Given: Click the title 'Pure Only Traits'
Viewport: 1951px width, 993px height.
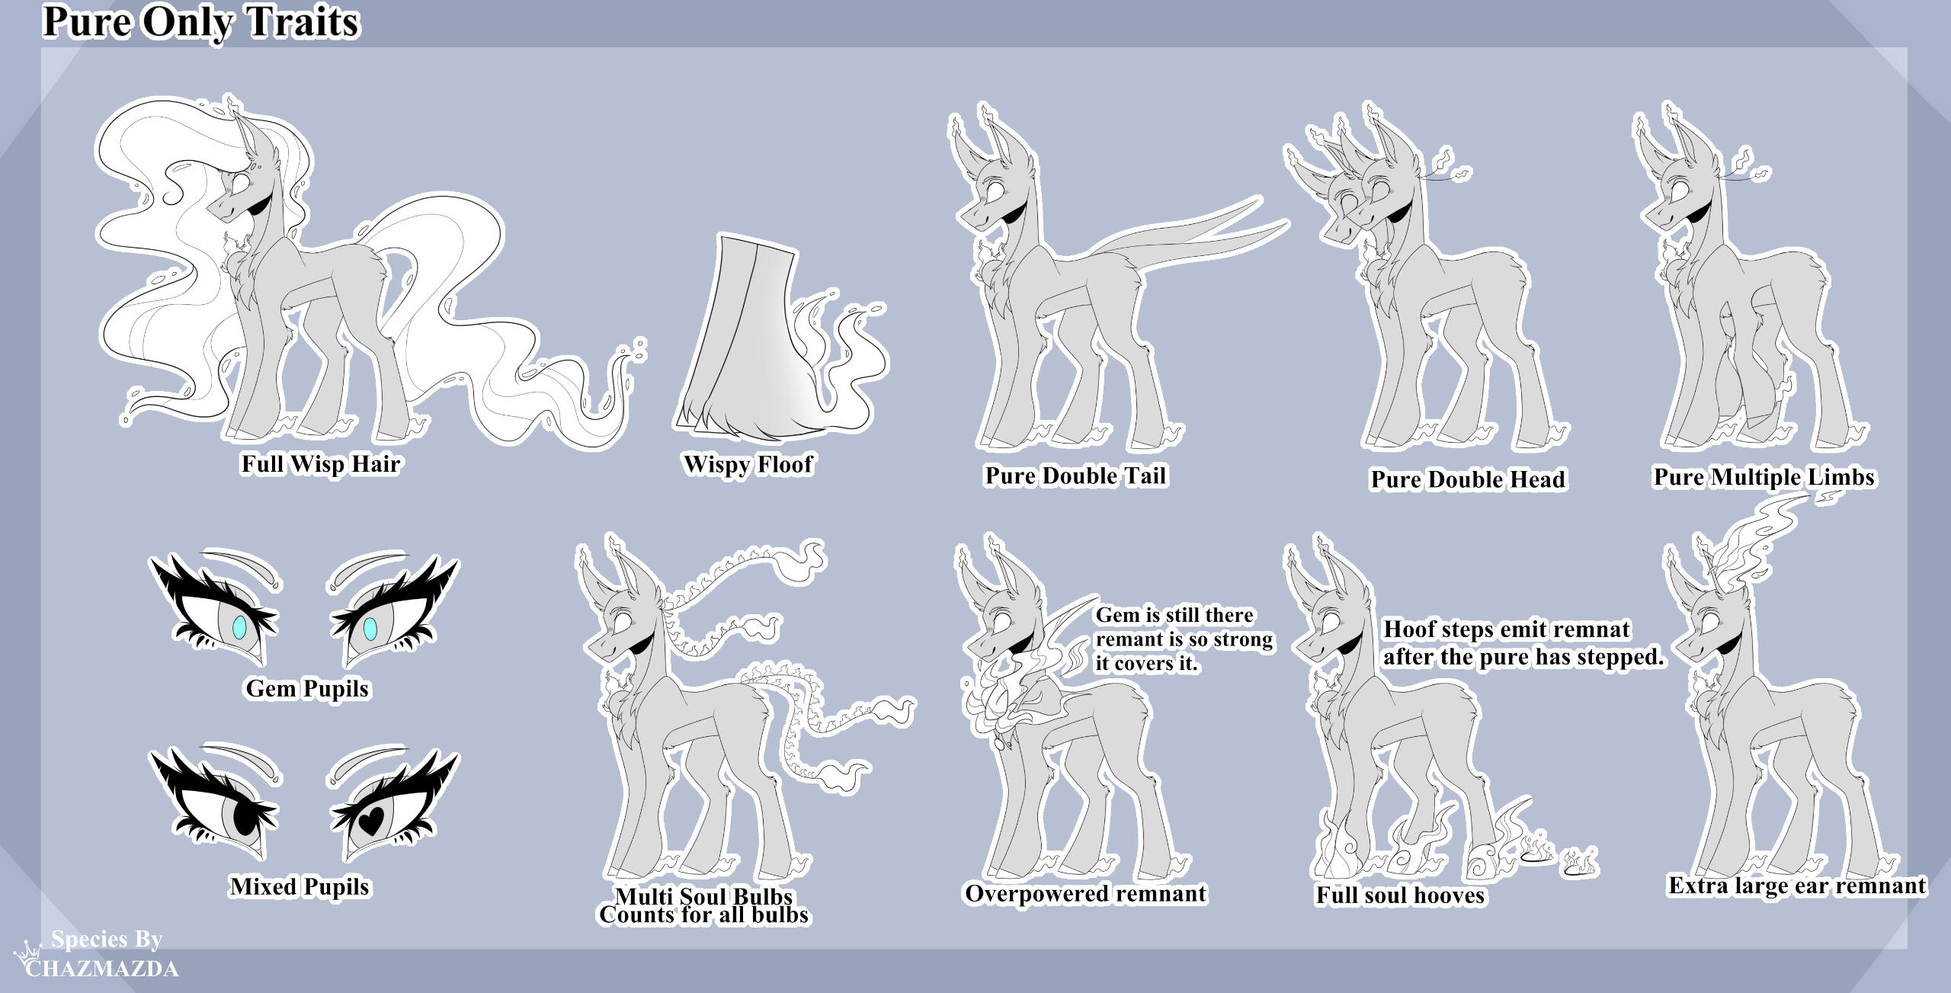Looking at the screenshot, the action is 201,22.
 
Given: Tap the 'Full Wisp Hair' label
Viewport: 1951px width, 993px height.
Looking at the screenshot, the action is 321,464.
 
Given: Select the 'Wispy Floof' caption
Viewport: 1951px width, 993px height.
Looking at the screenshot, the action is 748,464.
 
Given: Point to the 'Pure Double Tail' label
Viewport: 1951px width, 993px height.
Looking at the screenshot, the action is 1075,476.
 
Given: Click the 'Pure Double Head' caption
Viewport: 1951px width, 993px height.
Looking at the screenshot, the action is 1468,479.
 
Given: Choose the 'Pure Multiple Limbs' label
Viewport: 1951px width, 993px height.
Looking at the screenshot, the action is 1764,477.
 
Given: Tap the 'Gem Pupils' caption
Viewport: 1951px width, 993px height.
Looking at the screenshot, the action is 307,689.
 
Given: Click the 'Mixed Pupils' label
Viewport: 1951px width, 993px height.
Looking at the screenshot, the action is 300,886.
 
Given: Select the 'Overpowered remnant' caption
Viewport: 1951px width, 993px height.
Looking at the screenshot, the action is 1086,893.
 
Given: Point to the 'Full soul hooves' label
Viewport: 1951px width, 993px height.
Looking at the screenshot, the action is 1401,895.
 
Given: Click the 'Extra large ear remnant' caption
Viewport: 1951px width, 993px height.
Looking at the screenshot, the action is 1797,886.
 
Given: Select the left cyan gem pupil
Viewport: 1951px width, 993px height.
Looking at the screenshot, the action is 240,627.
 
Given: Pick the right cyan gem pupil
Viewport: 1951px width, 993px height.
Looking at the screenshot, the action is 370,628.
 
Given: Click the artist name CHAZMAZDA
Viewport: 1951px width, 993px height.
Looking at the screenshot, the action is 102,969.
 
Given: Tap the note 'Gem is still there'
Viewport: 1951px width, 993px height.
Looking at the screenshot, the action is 1174,615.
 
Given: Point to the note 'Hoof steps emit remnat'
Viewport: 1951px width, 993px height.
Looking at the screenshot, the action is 1507,629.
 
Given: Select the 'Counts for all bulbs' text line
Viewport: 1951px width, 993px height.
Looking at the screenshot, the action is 703,915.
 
